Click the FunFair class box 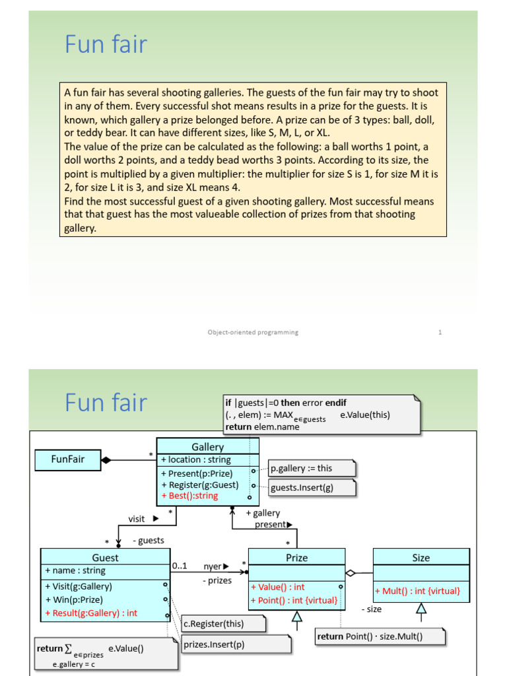point(67,458)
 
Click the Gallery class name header point(207,447)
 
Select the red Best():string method point(189,496)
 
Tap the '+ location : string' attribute point(196,459)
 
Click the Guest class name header point(105,557)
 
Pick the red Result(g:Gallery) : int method point(91,613)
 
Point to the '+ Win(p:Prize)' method point(74,599)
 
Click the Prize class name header point(296,557)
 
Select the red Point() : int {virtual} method point(294,600)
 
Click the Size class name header point(421,557)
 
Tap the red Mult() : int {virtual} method point(417,591)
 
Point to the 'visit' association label point(137,519)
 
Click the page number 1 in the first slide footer point(440,332)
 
